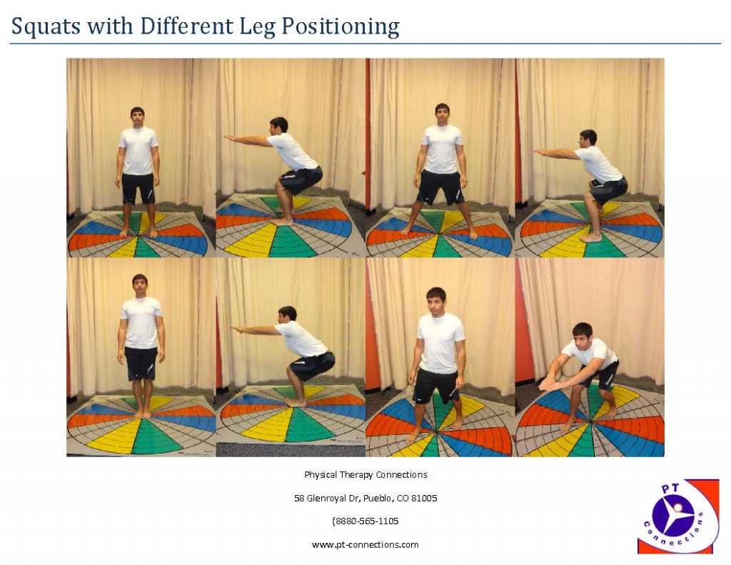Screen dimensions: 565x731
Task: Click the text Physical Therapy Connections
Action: (x=365, y=475)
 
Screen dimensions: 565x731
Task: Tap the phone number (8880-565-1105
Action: (x=365, y=521)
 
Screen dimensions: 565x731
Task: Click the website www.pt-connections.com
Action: (x=365, y=544)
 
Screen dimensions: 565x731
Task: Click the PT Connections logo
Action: (x=678, y=516)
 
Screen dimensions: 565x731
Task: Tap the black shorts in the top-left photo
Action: (x=138, y=188)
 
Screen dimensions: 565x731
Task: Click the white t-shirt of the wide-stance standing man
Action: (x=442, y=148)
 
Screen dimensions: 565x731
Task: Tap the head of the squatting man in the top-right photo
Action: (x=588, y=138)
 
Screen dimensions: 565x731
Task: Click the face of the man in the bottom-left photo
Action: (x=140, y=284)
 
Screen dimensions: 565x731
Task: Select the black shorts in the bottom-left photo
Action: (x=141, y=363)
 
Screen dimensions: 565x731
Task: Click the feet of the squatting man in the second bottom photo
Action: (x=295, y=402)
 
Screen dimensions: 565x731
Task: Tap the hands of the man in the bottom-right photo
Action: (x=550, y=384)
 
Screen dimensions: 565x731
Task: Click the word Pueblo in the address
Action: (x=368, y=498)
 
